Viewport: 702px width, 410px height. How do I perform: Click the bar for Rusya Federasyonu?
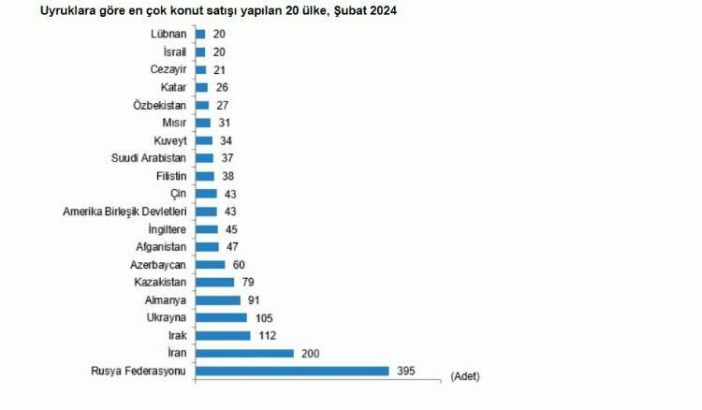(x=291, y=371)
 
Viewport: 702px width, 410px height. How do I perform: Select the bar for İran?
(x=243, y=353)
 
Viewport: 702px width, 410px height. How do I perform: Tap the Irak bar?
(x=223, y=335)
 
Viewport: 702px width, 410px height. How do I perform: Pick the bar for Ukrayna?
(x=221, y=317)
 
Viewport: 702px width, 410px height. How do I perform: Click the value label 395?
(x=404, y=371)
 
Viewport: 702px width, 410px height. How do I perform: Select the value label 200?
(x=309, y=353)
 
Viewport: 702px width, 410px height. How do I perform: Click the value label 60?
(x=239, y=264)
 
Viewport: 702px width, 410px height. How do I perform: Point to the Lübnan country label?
(x=168, y=34)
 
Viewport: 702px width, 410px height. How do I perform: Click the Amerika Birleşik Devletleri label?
(x=125, y=212)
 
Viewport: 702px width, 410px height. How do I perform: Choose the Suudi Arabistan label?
(x=149, y=158)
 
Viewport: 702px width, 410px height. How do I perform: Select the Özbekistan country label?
(x=160, y=105)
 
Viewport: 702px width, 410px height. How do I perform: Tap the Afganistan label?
(x=161, y=247)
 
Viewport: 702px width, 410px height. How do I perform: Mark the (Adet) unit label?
(x=465, y=375)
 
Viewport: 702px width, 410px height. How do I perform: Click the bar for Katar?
(x=201, y=87)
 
